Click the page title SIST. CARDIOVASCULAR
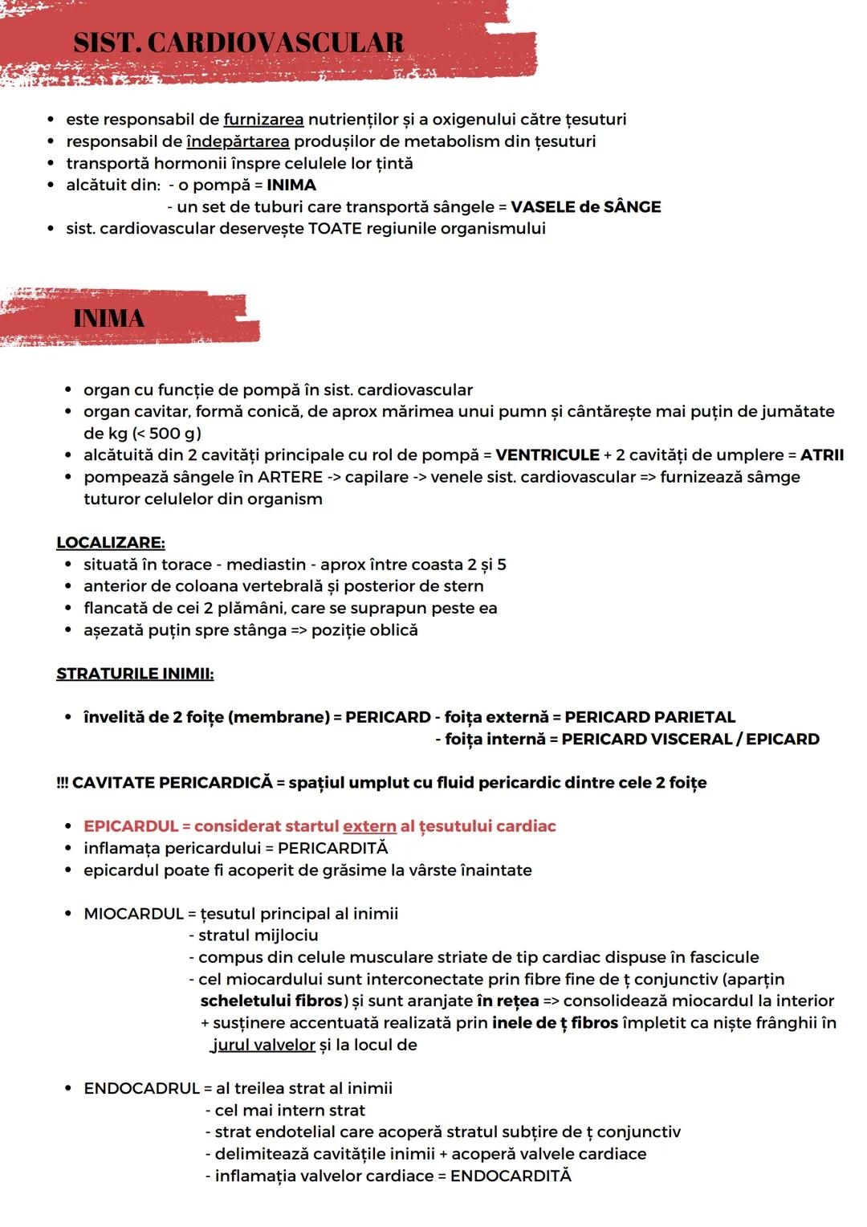click(x=238, y=43)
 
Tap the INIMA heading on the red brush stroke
click(x=108, y=319)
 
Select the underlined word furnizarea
click(x=263, y=120)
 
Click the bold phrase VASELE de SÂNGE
click(x=585, y=207)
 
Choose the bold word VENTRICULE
click(x=547, y=455)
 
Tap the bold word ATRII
click(x=821, y=455)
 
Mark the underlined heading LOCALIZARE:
click(x=110, y=543)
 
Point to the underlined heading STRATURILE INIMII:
click(x=135, y=674)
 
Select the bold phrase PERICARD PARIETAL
click(x=649, y=717)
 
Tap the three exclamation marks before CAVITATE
click(x=63, y=783)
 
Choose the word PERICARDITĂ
click(x=332, y=849)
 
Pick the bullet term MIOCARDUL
click(x=133, y=914)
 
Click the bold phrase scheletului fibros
click(x=271, y=1001)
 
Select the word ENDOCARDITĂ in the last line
click(x=511, y=1176)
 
